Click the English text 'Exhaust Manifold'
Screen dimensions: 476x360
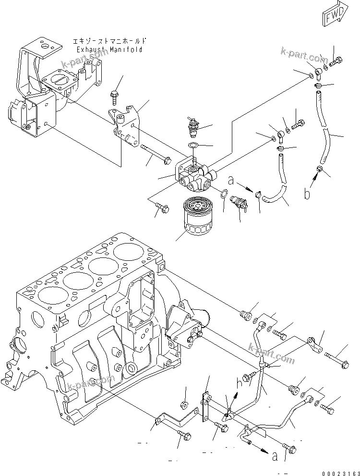109,49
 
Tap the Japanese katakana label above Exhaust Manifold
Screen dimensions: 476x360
109,42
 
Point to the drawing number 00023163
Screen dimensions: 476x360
340,471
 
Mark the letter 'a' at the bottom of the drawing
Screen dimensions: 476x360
275,457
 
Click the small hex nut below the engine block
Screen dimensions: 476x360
183,404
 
